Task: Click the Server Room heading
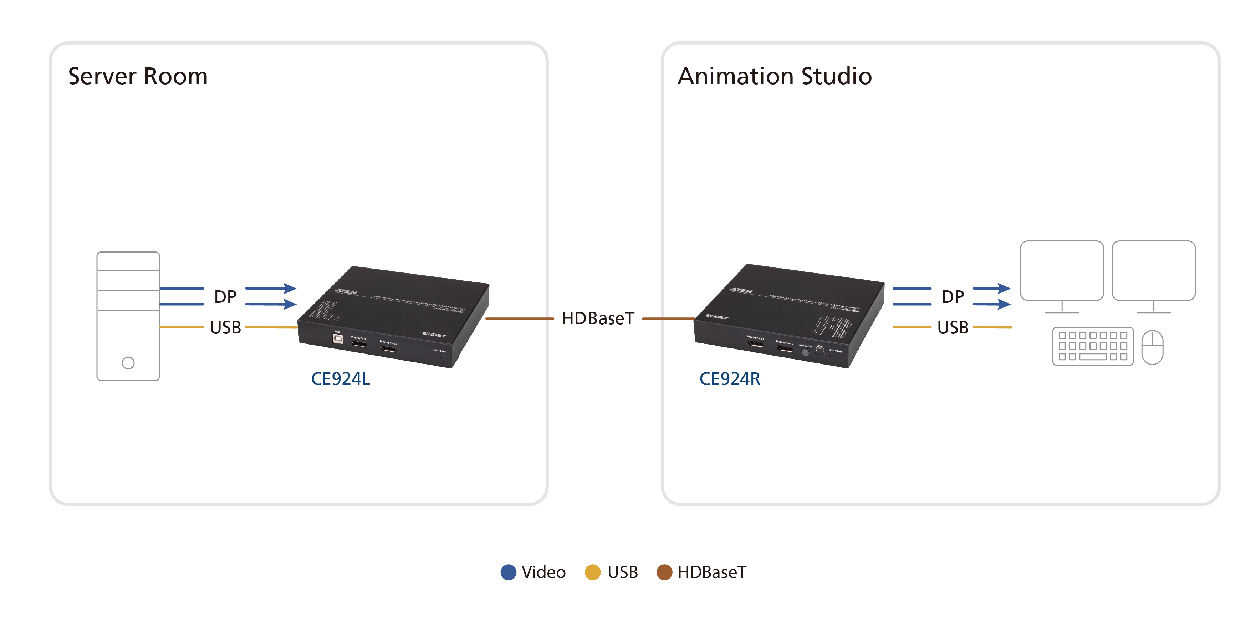tap(138, 76)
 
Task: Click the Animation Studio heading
tap(775, 76)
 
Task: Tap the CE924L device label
tap(341, 379)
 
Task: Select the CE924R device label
tap(729, 379)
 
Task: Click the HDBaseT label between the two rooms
tap(598, 318)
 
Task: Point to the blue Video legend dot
tap(508, 572)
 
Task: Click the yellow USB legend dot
tap(592, 572)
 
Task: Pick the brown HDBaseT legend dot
tap(664, 572)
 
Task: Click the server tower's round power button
tap(128, 363)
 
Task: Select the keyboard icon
tap(1093, 346)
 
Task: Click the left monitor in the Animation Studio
tap(1062, 271)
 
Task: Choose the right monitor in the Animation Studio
tap(1153, 271)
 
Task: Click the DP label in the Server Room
tap(225, 297)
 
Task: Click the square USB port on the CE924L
tap(337, 338)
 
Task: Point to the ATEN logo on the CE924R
tap(741, 290)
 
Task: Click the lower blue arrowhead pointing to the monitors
tap(1004, 305)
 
